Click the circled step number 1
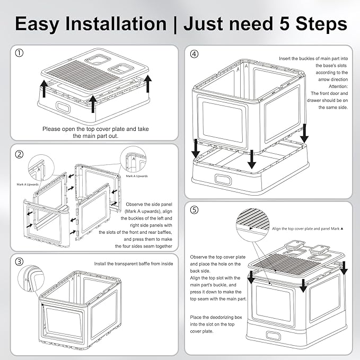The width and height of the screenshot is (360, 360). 19,54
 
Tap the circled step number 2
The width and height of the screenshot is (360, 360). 19,154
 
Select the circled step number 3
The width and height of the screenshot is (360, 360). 19,261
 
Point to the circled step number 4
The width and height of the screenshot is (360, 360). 195,54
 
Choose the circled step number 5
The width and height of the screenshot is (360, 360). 195,210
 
